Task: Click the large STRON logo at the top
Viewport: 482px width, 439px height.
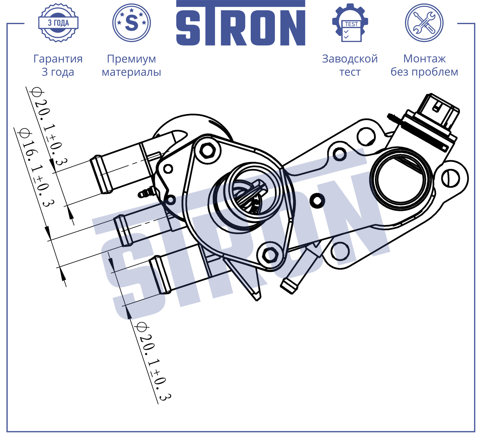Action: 241,23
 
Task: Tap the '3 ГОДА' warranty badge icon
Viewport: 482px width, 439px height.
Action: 58,23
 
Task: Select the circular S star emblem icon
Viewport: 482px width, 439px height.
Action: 131,23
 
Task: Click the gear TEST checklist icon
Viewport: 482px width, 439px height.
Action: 350,23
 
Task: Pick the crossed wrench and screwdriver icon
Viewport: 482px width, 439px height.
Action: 424,23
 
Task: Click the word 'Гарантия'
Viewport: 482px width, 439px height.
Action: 58,59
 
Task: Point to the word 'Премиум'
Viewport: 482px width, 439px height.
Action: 131,59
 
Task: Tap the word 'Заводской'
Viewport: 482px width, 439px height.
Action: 350,59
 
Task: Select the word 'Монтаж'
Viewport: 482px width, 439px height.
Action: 424,59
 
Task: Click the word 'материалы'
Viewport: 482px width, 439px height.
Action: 131,72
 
